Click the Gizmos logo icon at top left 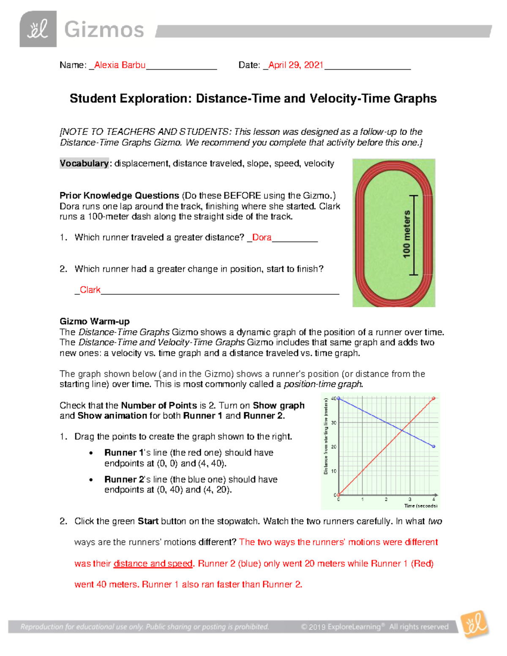[x=38, y=29]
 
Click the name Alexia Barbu [x=120, y=65]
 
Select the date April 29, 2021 [x=296, y=65]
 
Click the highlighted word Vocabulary [x=84, y=163]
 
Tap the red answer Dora [x=262, y=237]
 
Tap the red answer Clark [x=90, y=290]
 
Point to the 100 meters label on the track [x=406, y=234]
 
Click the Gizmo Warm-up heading [x=95, y=321]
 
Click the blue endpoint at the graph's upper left [x=338, y=398]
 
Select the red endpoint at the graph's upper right [x=433, y=398]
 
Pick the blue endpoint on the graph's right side [x=433, y=446]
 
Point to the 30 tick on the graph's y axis [x=334, y=423]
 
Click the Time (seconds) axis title [x=420, y=506]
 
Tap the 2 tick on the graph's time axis [x=386, y=500]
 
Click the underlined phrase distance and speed [x=153, y=563]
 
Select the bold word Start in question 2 [x=148, y=521]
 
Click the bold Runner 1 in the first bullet [x=124, y=453]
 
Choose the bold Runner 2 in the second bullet [x=124, y=479]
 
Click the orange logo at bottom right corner [x=475, y=624]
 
